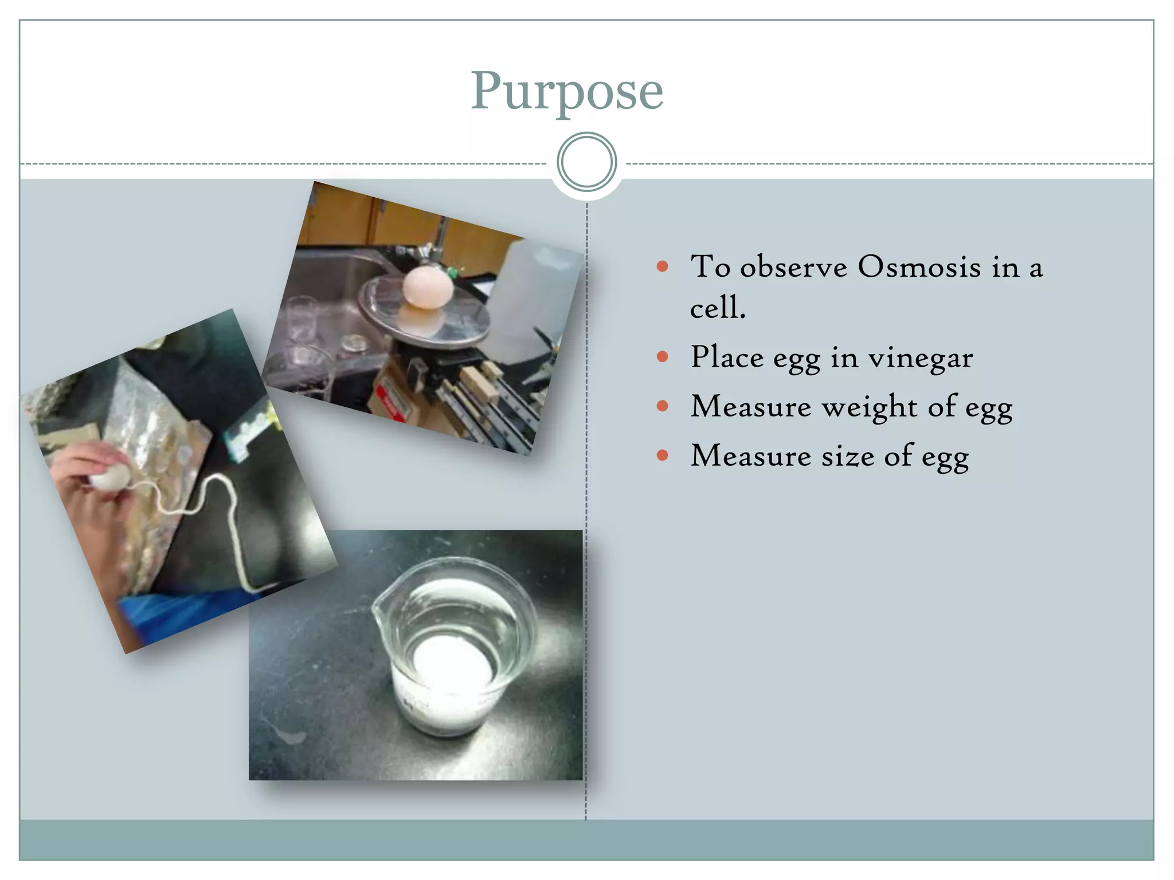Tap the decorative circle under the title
pos(586,162)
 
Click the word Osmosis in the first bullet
pos(919,267)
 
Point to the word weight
pos(869,407)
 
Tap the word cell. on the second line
pos(717,308)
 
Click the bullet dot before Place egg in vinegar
pos(663,357)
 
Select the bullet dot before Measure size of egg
pos(663,456)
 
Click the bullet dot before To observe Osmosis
pos(663,266)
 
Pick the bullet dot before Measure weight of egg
pos(663,407)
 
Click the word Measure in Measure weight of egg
pos(750,407)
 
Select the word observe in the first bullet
pos(793,267)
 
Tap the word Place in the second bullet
pos(726,357)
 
